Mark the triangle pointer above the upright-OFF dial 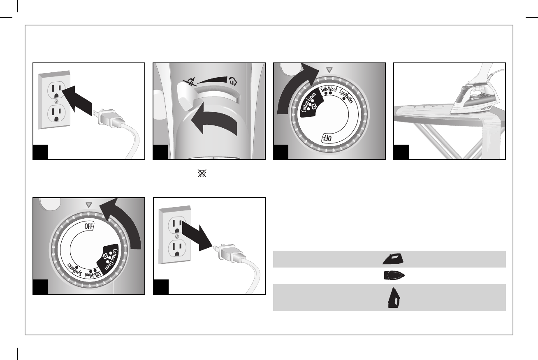coord(88,204)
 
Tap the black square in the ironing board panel coord(401,152)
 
